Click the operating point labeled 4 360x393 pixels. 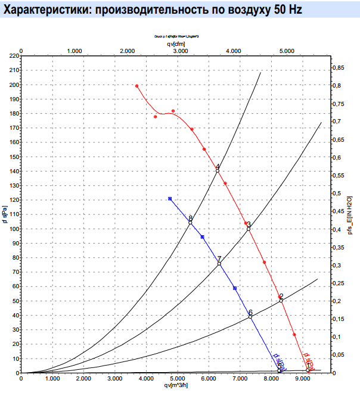(218, 171)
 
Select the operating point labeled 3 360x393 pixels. (249, 229)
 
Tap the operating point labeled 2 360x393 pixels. (281, 301)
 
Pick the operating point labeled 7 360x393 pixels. (219, 264)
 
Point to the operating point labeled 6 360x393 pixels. (250, 317)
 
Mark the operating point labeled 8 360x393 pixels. (191, 222)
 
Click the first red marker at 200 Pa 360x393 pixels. (137, 86)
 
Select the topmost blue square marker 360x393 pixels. (170, 198)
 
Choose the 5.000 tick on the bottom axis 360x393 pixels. (177, 379)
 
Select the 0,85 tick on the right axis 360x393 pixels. (338, 68)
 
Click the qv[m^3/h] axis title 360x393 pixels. (179, 385)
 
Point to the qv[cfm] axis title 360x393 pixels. (174, 44)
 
